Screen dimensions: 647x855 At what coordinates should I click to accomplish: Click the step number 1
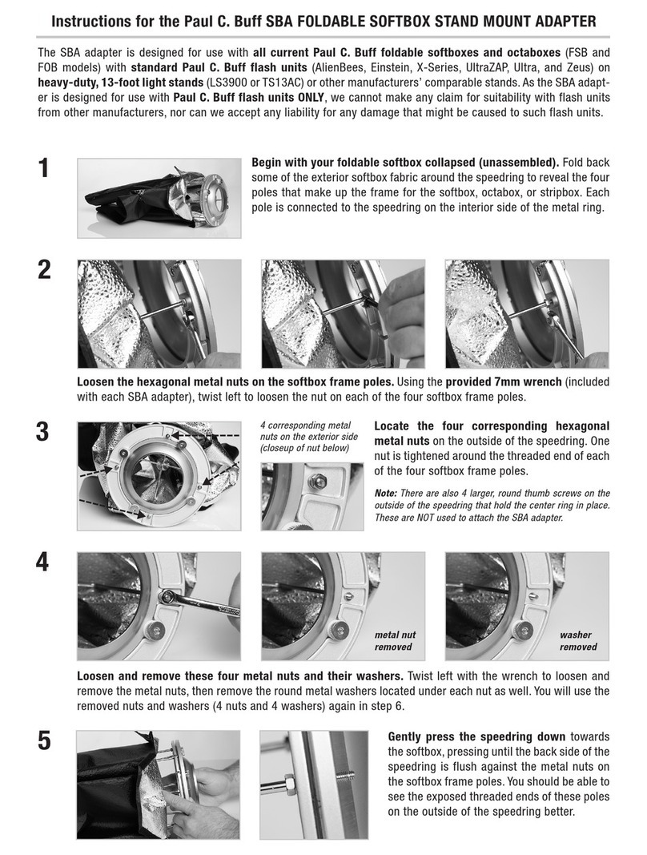click(43, 167)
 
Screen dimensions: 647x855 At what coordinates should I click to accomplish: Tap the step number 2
click(44, 270)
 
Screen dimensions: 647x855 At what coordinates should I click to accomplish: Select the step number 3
click(43, 432)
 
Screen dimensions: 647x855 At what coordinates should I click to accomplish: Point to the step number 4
click(43, 563)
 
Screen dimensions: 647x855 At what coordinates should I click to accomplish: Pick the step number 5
click(44, 740)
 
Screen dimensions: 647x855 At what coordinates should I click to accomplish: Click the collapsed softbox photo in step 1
click(159, 198)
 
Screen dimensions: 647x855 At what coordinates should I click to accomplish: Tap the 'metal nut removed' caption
click(395, 641)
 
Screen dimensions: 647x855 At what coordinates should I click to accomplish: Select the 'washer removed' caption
click(578, 641)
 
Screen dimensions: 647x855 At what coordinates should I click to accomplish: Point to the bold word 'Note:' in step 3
click(385, 493)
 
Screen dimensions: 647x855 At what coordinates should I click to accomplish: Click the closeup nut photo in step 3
click(312, 497)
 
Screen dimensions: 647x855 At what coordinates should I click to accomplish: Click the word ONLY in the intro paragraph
click(311, 98)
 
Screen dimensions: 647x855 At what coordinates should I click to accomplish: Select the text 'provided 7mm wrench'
click(504, 382)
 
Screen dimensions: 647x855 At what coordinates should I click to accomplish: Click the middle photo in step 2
click(343, 314)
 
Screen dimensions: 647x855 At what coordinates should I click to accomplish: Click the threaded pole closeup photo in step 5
click(314, 784)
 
